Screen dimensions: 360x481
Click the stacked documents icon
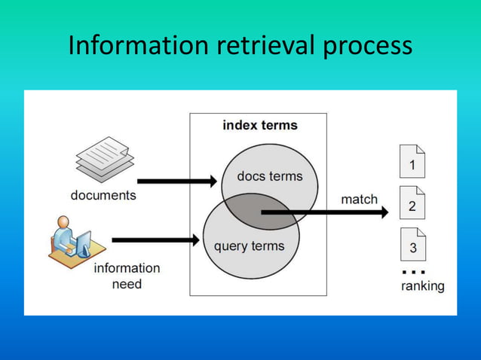click(x=105, y=159)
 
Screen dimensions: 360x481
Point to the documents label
click(x=103, y=195)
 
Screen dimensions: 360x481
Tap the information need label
click(x=127, y=276)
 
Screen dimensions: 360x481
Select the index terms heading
click(x=259, y=125)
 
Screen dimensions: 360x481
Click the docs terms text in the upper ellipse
click(x=269, y=176)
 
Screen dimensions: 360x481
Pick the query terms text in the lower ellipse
click(x=249, y=246)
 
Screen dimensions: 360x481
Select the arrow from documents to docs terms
click(x=177, y=181)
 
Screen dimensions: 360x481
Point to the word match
click(x=359, y=200)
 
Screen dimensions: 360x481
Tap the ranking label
click(x=422, y=286)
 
